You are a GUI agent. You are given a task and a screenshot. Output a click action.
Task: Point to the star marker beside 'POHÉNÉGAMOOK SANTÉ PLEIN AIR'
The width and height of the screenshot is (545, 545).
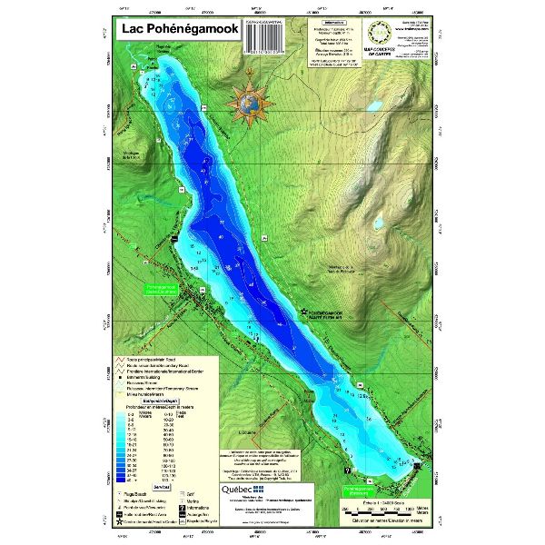[303, 312]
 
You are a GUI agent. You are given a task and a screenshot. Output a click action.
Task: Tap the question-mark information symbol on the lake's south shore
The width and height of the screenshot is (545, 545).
[348, 471]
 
